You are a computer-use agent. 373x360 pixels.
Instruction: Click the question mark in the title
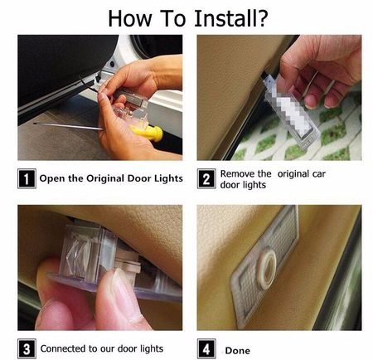[260, 18]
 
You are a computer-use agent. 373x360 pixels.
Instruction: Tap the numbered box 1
[27, 178]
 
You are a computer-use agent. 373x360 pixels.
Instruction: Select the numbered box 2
[206, 178]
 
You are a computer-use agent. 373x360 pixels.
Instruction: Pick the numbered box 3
[27, 348]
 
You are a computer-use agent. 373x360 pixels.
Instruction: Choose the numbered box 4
[206, 348]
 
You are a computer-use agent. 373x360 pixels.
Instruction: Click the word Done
[238, 351]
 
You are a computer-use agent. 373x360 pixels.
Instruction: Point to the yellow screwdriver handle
[147, 133]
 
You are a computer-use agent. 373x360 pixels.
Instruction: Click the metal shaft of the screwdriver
[68, 126]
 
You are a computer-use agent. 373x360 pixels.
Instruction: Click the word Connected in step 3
[63, 348]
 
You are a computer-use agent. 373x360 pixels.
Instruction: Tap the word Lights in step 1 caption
[168, 178]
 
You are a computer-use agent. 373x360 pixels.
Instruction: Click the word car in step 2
[319, 174]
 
